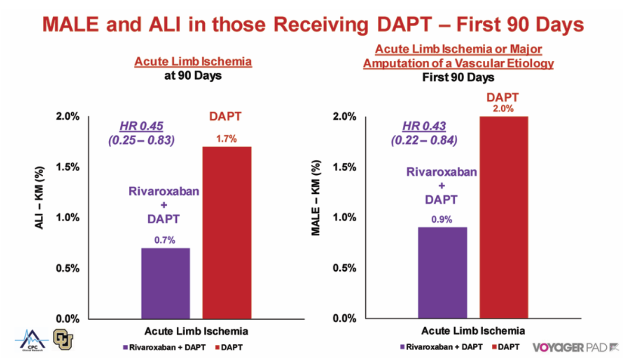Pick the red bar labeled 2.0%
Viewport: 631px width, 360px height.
point(503,217)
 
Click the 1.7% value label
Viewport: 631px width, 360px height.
point(227,139)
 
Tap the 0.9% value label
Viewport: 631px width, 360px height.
point(442,219)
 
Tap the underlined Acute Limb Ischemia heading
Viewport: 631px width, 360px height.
point(193,62)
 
